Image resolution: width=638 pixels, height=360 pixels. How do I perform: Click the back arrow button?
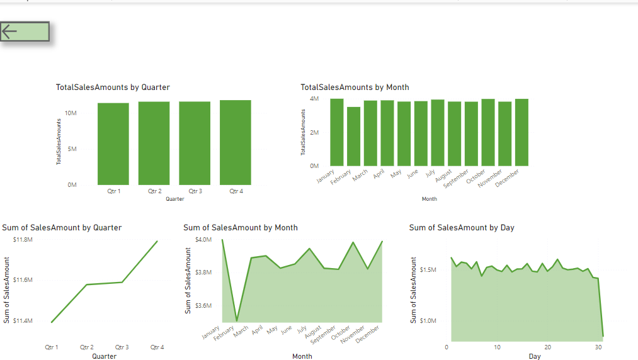tap(25, 32)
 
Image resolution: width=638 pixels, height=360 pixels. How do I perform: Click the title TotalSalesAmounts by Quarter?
tap(113, 87)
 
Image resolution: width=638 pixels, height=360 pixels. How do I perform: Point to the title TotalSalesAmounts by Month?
tap(355, 87)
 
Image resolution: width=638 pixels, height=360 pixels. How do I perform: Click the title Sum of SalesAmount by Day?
tap(462, 227)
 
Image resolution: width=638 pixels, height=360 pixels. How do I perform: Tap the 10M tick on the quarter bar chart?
tap(71, 113)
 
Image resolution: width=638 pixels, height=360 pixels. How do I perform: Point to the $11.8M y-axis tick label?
tap(23, 240)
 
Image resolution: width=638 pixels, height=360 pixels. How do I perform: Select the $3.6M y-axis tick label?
tap(203, 306)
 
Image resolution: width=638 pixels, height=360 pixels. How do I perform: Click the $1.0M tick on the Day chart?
tap(428, 321)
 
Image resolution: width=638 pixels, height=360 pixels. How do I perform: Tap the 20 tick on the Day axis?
tap(548, 347)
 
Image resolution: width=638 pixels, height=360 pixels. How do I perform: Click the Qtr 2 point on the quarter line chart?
tap(87, 284)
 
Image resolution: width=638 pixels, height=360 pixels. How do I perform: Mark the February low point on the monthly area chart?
tap(237, 321)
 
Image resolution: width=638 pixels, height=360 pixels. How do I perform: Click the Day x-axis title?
tap(534, 356)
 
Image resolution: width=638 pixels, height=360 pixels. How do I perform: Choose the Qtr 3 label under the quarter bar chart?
tap(195, 191)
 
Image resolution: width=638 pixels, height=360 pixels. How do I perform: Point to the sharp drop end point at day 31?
tap(603, 335)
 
